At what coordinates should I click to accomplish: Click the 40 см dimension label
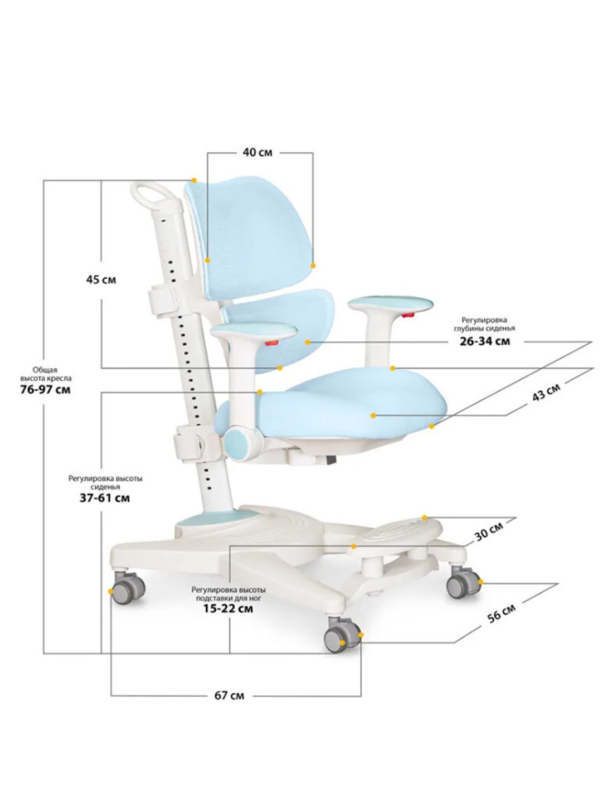coord(257,152)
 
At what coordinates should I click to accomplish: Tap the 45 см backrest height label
coord(101,280)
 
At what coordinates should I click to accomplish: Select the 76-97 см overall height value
coord(46,389)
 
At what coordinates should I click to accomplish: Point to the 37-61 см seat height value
coord(105,498)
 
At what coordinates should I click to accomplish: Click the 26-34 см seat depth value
coord(485,341)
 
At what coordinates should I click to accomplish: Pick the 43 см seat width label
coord(546,393)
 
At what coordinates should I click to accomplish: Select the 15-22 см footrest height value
coord(228,608)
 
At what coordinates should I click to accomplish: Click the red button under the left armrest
coord(272,342)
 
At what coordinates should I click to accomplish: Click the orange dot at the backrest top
coord(194,180)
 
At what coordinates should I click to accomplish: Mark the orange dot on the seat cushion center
coord(373,415)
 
